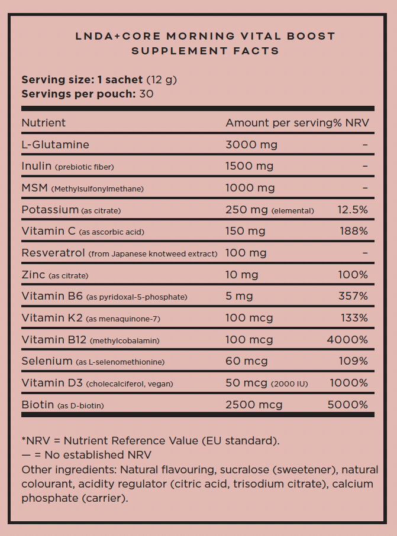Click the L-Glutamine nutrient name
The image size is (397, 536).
55,145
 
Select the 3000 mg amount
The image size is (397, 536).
251,145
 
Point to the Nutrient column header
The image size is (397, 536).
44,123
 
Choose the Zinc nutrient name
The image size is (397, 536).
33,275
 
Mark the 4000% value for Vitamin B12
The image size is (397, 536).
347,340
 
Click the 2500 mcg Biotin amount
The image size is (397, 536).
254,405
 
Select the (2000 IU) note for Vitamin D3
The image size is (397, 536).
289,384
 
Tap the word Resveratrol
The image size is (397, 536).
53,253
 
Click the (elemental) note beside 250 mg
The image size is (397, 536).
293,210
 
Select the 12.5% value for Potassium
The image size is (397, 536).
353,210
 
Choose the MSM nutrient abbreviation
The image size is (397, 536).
34,188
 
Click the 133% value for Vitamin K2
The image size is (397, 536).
354,318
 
